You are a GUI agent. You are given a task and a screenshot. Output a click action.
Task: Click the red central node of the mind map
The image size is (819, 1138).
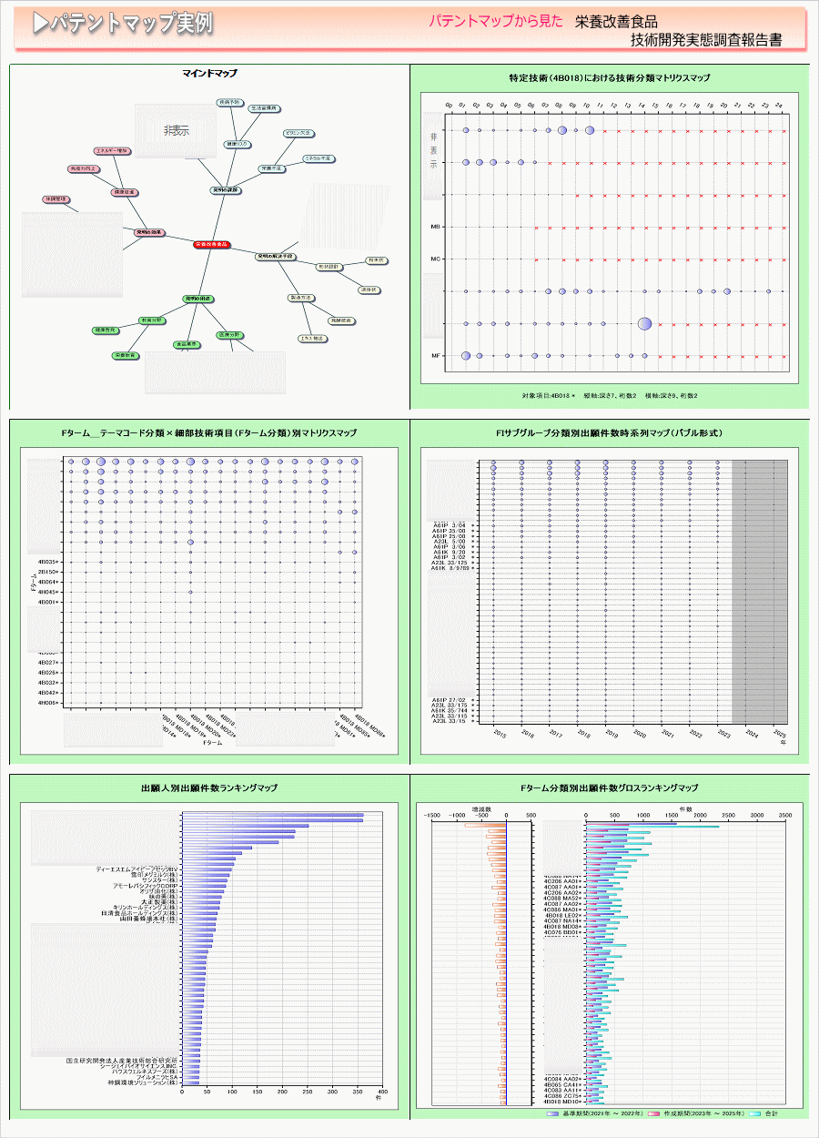212,245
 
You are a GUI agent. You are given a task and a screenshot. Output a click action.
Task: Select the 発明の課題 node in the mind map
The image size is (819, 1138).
225,190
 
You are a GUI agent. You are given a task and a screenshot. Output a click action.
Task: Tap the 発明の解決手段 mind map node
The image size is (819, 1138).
276,257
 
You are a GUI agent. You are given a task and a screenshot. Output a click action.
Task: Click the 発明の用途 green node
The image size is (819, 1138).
197,299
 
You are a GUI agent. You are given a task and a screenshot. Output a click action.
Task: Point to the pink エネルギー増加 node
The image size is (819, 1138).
114,150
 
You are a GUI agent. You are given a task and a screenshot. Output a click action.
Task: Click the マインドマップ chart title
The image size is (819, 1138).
210,73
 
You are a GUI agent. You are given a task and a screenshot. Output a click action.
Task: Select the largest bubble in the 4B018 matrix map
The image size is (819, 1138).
644,323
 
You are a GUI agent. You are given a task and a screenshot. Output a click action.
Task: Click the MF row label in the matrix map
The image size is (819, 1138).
436,356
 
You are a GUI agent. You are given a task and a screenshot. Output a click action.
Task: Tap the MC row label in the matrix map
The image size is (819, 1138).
436,259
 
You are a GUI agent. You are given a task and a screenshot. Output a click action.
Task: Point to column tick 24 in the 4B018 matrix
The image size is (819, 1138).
779,106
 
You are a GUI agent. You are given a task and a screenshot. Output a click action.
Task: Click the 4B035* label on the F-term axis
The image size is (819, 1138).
47,562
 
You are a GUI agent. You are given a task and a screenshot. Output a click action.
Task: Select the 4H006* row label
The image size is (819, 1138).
47,703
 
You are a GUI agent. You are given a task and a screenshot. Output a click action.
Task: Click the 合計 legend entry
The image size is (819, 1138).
770,1113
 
